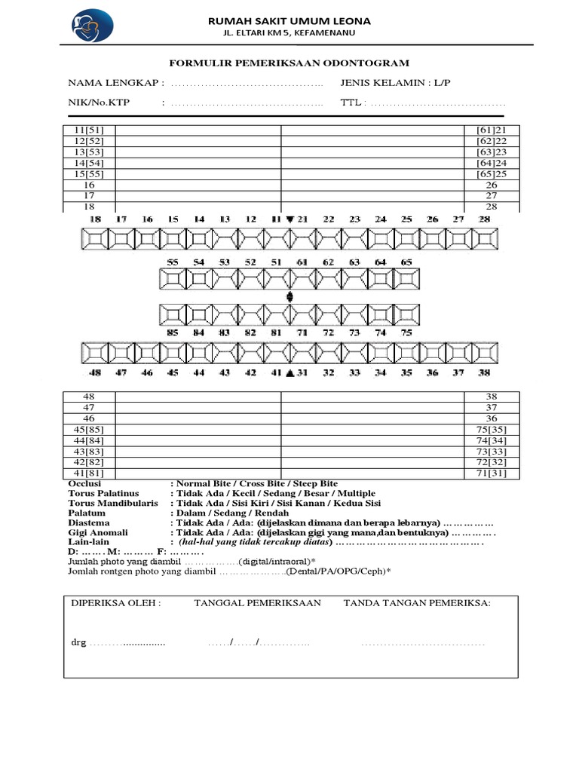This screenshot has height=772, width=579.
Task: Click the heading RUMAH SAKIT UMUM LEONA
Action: [x=289, y=21]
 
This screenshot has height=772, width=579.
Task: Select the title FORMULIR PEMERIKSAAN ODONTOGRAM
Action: [x=289, y=63]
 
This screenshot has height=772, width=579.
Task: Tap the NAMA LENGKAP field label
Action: [x=115, y=83]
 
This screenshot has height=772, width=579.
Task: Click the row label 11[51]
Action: [x=89, y=130]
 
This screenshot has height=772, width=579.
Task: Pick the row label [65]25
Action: [x=492, y=173]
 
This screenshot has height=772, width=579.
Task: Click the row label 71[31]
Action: [x=492, y=473]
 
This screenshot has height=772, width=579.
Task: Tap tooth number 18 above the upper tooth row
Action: [x=95, y=219]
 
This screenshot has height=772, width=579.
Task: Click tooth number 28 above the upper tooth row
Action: [x=485, y=219]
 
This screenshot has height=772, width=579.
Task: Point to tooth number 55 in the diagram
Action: [x=173, y=262]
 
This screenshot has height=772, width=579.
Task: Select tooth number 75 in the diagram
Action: [x=406, y=332]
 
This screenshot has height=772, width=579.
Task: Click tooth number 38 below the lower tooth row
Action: [x=485, y=372]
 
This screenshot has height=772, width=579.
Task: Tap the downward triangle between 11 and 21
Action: [x=290, y=219]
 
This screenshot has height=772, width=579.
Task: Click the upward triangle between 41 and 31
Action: [x=290, y=372]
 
